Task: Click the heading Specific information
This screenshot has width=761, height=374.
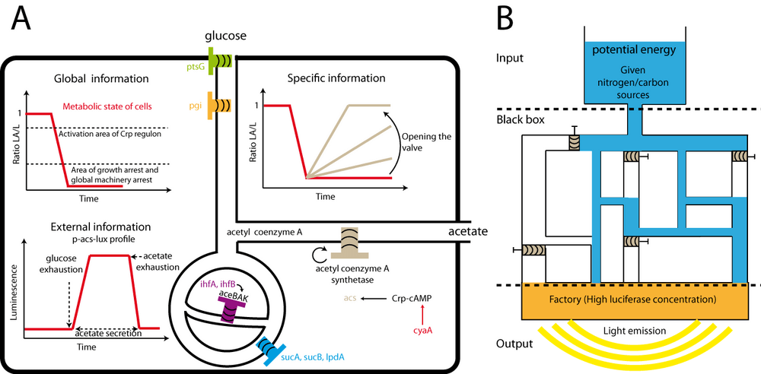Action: coord(337,78)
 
